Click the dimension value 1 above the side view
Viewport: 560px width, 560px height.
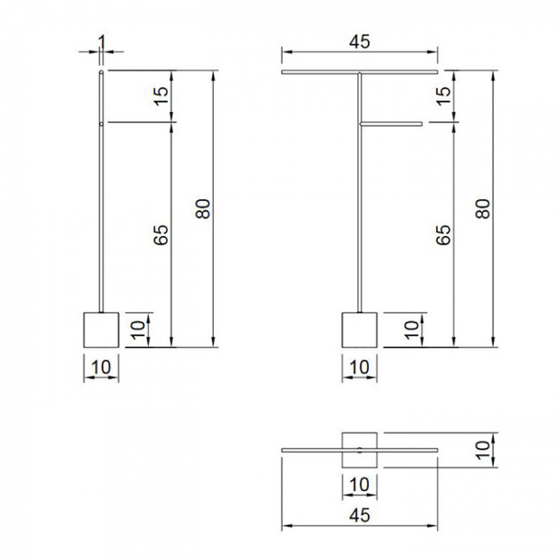click(x=102, y=42)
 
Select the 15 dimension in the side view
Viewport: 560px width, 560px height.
click(x=162, y=96)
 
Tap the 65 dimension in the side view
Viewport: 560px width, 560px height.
click(x=161, y=234)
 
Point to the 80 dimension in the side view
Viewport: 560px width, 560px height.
click(x=202, y=208)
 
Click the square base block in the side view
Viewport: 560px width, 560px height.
click(x=101, y=330)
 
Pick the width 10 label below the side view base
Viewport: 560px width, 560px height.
click(x=102, y=367)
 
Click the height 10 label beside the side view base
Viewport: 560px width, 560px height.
click(x=138, y=330)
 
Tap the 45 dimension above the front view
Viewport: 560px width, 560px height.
click(x=359, y=42)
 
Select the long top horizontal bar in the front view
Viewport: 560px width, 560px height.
click(x=359, y=72)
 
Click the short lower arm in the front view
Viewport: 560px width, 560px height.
click(x=391, y=124)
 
